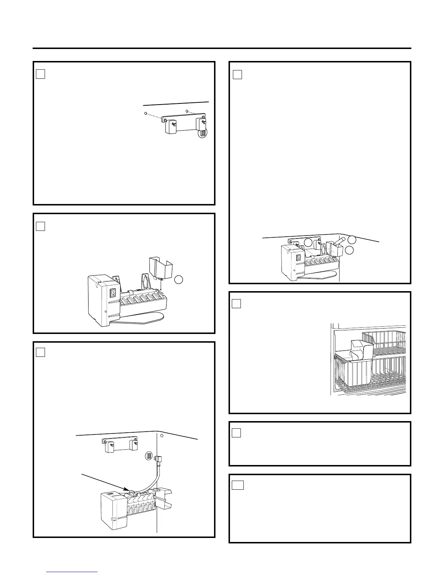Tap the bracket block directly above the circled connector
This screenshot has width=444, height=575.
(201, 123)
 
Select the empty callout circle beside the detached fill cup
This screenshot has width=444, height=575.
(178, 280)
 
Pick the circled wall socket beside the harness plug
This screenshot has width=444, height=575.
(148, 456)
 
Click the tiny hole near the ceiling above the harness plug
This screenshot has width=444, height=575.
(162, 436)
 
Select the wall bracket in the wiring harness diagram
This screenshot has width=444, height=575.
(120, 445)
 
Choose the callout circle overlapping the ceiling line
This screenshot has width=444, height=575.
(352, 239)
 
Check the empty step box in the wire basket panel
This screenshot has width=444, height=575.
(237, 303)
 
